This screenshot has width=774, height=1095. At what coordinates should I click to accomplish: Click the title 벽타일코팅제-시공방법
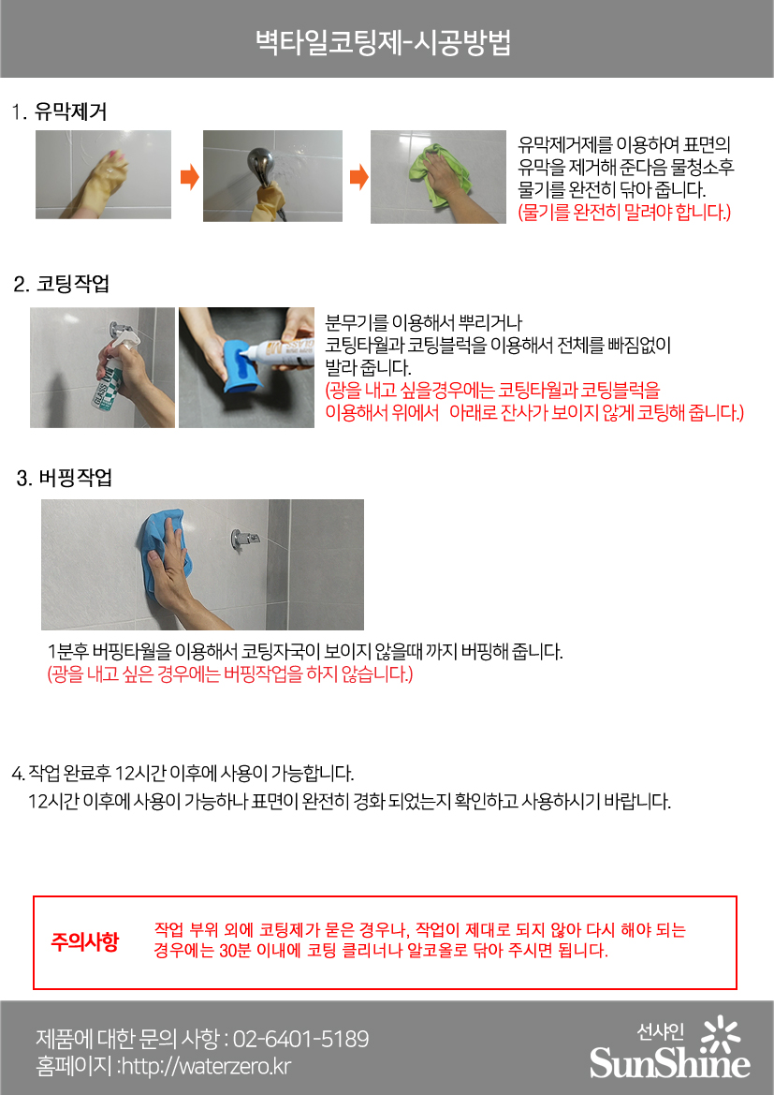coord(384,42)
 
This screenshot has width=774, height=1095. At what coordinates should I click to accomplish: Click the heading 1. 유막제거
coord(59,111)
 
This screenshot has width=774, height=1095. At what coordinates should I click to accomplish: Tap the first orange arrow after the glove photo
coord(189,177)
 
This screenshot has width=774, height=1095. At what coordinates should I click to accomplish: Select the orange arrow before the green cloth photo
coord(358,177)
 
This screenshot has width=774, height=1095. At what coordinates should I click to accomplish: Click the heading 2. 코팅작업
coord(62,284)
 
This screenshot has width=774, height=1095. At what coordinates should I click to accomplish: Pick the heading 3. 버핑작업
coord(65,478)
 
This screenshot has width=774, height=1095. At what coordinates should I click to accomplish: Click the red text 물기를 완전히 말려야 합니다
coord(624,212)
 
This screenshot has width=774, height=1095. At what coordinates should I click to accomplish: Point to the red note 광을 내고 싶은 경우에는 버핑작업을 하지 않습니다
coord(229,673)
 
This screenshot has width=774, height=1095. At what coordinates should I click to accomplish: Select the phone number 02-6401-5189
coord(300,1039)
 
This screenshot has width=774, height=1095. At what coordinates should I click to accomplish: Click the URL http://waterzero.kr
coord(206,1066)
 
